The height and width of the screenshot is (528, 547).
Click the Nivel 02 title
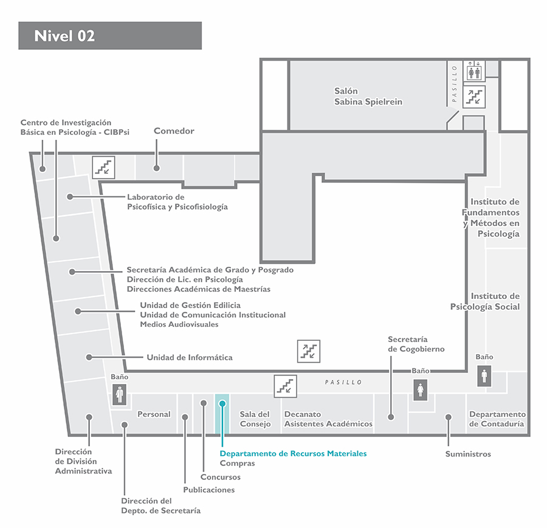(64, 36)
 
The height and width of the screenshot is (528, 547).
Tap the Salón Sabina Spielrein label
(368, 96)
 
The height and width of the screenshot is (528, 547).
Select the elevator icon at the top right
(474, 71)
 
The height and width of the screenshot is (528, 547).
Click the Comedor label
(174, 131)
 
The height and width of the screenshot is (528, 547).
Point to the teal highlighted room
(222, 414)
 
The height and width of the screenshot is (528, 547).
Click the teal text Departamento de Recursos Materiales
(293, 453)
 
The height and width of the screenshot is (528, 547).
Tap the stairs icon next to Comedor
(103, 168)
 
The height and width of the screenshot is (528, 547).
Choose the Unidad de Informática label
(190, 357)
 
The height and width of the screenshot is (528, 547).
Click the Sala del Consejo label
(255, 419)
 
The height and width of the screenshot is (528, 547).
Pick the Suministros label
(468, 454)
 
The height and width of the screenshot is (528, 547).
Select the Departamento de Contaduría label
(497, 419)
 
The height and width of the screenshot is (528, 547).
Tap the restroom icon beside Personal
(119, 394)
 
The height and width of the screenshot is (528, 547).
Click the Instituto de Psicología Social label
(485, 301)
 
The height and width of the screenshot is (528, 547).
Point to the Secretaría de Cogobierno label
(416, 344)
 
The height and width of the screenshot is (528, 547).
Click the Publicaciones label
(209, 490)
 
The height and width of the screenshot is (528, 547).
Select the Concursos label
(221, 477)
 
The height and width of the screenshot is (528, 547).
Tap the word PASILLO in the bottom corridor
(343, 382)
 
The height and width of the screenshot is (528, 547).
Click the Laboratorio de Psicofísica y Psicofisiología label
(177, 202)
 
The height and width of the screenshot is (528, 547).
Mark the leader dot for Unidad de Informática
(89, 357)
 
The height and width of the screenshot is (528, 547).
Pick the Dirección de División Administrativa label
(83, 461)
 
